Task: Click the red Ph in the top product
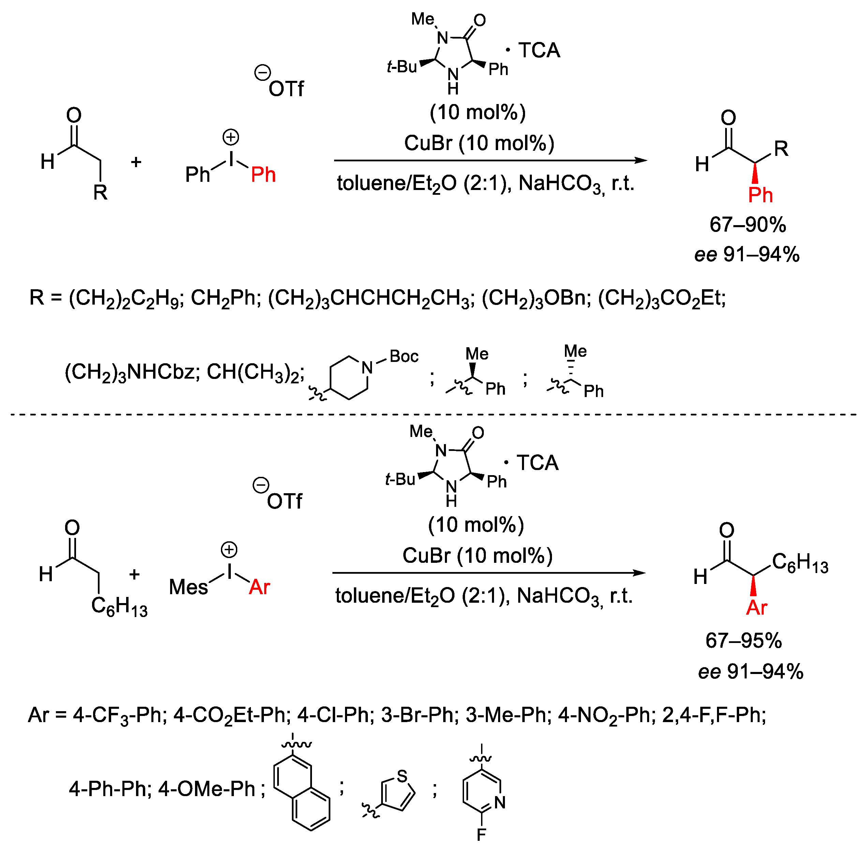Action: click(760, 195)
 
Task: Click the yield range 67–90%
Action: click(747, 224)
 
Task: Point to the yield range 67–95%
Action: click(743, 641)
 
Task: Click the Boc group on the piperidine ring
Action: click(404, 356)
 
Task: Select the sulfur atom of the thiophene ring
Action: click(402, 776)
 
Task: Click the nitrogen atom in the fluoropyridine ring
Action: click(500, 802)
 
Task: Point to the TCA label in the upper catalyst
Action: click(539, 50)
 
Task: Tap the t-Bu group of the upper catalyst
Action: click(402, 67)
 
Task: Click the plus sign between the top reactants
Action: click(136, 162)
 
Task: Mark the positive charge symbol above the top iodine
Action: click(231, 137)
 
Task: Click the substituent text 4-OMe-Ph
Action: click(207, 789)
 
